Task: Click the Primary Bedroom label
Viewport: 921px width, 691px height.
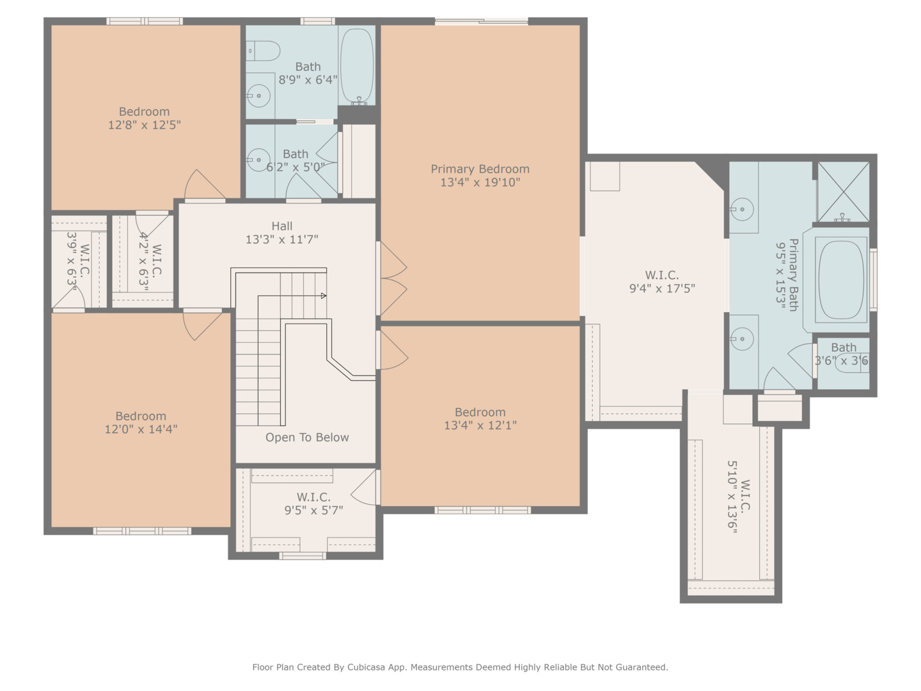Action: (x=480, y=170)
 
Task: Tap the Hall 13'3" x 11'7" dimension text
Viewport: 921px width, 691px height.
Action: (x=281, y=240)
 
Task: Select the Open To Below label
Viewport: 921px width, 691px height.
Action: (x=307, y=438)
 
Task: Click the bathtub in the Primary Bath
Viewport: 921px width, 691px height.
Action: (x=840, y=280)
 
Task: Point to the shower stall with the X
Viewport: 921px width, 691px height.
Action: (x=844, y=191)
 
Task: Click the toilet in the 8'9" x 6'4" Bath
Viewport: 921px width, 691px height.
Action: (x=264, y=51)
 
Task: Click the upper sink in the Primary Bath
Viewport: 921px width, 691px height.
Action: (x=742, y=209)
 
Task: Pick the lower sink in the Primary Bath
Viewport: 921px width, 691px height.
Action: (x=742, y=338)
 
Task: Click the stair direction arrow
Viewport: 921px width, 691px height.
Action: (x=323, y=296)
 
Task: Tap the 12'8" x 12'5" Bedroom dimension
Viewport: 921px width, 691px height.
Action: (x=144, y=125)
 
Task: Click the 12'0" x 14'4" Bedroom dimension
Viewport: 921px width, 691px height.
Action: (x=141, y=429)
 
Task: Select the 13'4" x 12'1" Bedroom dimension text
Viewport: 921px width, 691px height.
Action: (x=480, y=425)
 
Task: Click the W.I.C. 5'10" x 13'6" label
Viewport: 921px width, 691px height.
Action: (x=739, y=505)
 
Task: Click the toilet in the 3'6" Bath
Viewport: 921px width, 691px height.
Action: (x=853, y=362)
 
